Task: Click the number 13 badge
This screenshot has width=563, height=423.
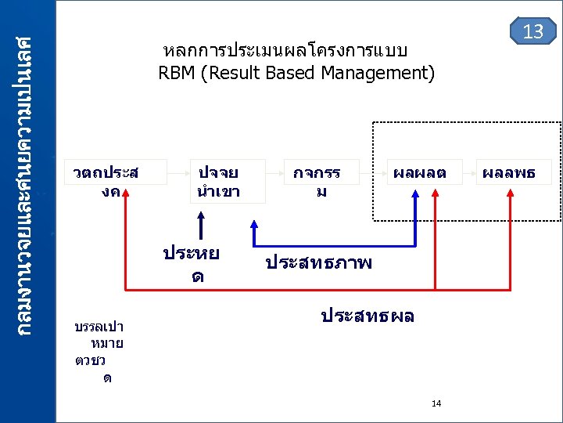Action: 533,31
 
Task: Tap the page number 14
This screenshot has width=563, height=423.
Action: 436,403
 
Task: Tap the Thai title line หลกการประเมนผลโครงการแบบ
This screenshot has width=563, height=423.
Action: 285,51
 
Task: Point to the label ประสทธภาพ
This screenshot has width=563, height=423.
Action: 319,263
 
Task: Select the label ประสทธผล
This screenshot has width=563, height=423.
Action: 368,316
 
